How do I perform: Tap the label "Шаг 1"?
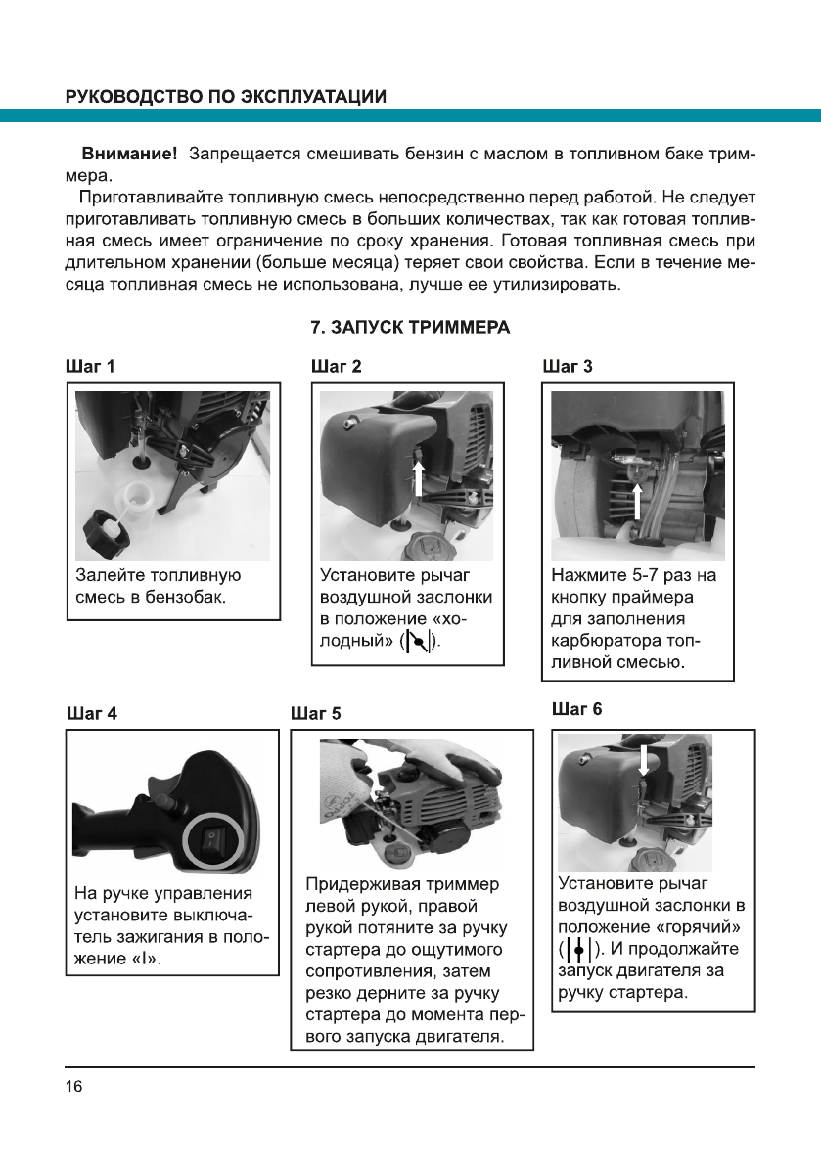[90, 368]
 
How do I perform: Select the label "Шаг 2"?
[336, 368]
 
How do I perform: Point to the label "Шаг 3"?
[567, 368]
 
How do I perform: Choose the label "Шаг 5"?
[316, 713]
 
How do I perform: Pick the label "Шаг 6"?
[576, 708]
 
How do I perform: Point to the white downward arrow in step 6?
[642, 760]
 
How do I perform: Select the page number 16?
[74, 1088]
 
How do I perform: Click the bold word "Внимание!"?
[129, 155]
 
